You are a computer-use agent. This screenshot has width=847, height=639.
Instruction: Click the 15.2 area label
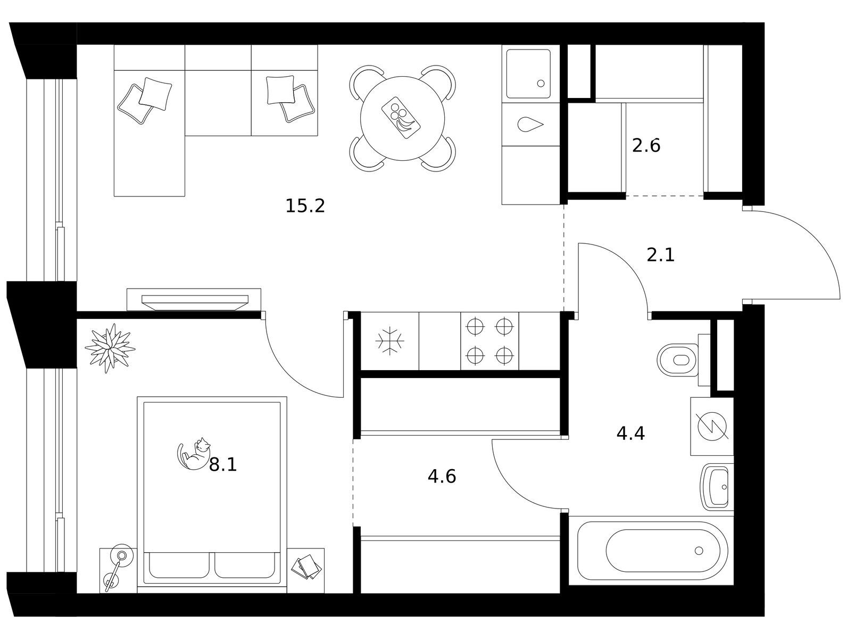coord(305,206)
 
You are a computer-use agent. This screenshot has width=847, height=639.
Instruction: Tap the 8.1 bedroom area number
coord(222,465)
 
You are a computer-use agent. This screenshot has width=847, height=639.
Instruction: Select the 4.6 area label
coord(442,477)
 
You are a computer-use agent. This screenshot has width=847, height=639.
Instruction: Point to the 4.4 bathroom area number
coord(630,433)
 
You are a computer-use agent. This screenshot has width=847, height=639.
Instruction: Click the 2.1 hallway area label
coord(661,255)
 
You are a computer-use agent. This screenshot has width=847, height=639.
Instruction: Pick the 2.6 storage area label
coord(646,146)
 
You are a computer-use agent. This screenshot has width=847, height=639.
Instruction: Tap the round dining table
coord(402,118)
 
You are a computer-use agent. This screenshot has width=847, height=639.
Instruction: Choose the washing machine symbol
coord(712,427)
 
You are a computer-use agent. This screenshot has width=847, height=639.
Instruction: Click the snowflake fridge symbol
coord(390,341)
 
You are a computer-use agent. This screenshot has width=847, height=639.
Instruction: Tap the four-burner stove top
coord(489,341)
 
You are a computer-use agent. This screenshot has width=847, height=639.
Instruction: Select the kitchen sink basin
coord(528,73)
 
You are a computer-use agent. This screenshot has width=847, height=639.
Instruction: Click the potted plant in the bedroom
coord(110,348)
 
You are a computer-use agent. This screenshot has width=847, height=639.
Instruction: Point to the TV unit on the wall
coord(194,300)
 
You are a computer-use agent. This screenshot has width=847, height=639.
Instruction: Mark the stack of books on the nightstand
coord(306,567)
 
